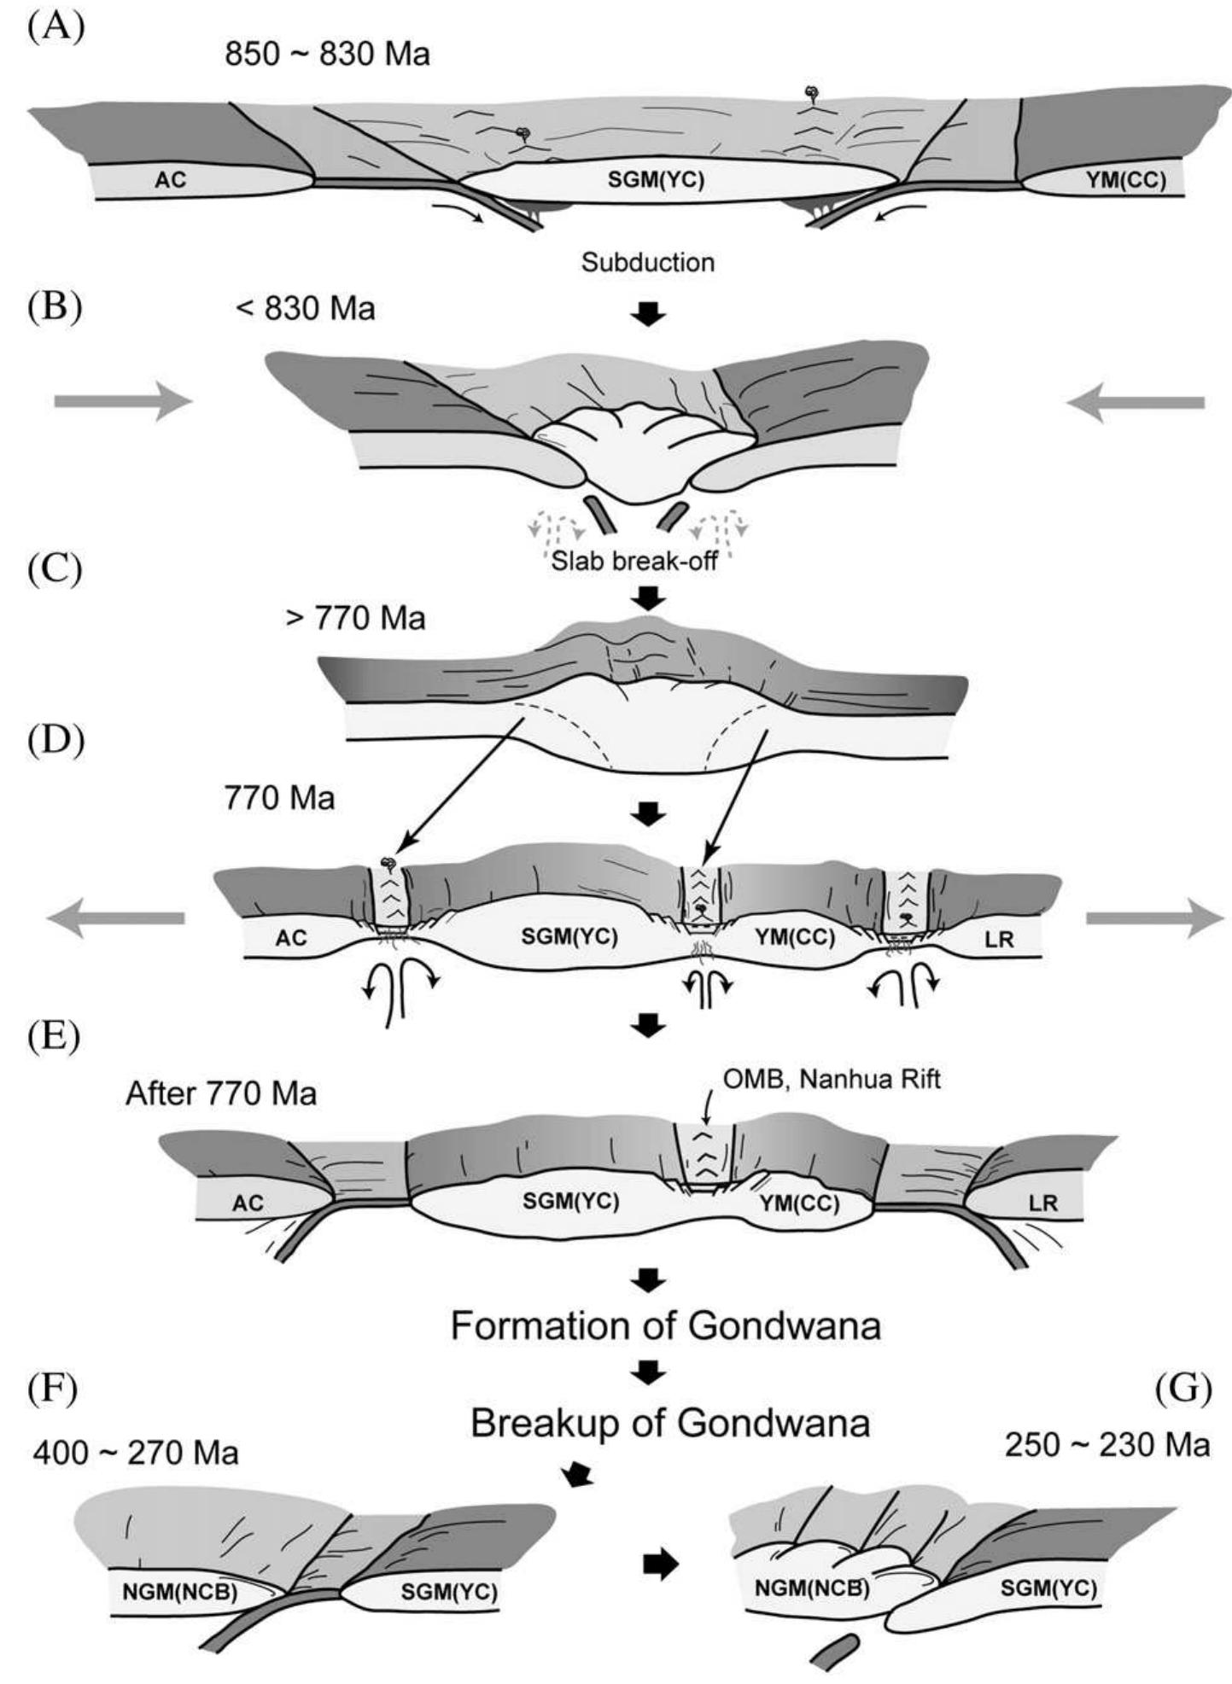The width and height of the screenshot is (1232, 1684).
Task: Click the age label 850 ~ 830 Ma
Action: pos(327,55)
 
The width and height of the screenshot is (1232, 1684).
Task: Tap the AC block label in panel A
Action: pos(171,181)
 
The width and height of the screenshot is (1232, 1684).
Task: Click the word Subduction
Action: pos(648,262)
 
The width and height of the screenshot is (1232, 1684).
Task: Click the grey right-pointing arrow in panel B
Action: pos(123,402)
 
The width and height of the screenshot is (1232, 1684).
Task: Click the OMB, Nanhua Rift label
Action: pos(832,1079)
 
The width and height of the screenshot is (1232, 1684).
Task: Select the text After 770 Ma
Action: pos(221,1093)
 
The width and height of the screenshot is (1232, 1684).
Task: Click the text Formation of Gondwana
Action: pos(665,1326)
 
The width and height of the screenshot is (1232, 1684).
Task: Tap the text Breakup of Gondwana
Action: pos(670,1423)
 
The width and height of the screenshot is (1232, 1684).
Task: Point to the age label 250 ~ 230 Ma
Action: pos(1106,1446)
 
